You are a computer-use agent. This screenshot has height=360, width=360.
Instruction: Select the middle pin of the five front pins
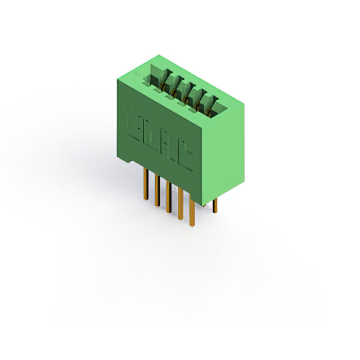click(x=168, y=197)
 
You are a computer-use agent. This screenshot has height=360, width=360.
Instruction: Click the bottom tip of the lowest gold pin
click(x=192, y=225)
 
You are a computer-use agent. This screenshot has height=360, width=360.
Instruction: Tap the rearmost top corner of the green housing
click(x=160, y=55)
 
